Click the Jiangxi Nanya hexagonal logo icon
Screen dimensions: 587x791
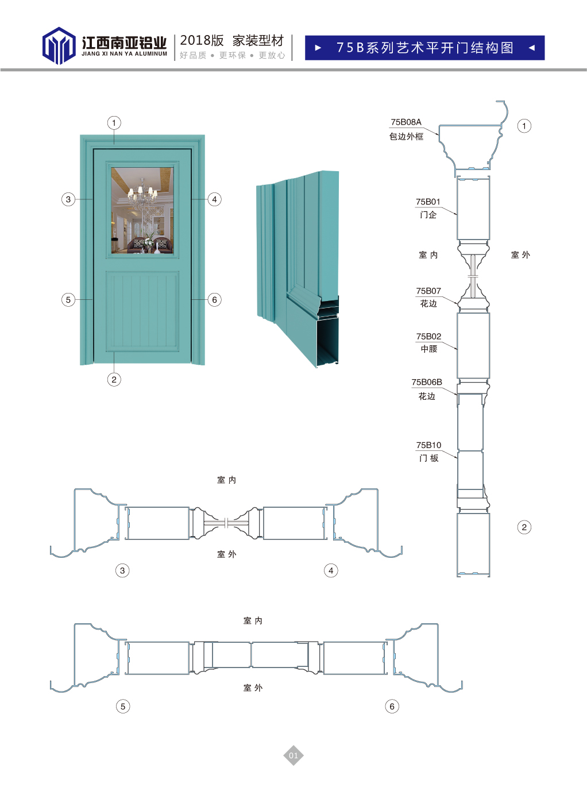click(x=59, y=45)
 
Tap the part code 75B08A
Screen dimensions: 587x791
click(x=406, y=122)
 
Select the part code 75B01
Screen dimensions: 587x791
click(x=428, y=202)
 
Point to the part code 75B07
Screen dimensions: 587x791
click(x=428, y=291)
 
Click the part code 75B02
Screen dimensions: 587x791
click(x=428, y=336)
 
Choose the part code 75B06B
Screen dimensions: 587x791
click(x=427, y=382)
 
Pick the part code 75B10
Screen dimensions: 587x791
click(x=428, y=445)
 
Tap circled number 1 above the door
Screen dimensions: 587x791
click(x=114, y=123)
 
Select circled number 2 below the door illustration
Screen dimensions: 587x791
click(x=114, y=380)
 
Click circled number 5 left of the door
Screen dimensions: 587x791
click(x=68, y=299)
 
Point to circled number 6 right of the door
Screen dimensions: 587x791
click(x=214, y=299)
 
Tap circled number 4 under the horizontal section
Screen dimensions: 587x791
click(x=331, y=570)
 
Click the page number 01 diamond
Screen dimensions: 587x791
click(x=293, y=755)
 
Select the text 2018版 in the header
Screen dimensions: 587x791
click(x=202, y=41)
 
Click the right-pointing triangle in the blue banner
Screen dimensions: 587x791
click(x=318, y=48)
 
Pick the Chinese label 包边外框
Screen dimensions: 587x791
click(x=406, y=137)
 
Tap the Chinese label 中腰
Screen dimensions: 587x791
click(x=429, y=349)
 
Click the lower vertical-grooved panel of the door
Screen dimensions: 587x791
click(x=142, y=311)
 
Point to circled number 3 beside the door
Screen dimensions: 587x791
click(x=68, y=199)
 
